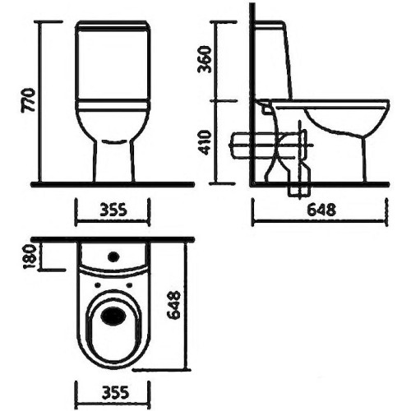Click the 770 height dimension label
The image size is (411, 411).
click(28, 100)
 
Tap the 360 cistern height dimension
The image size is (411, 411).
click(205, 59)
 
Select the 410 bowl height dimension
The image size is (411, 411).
click(205, 143)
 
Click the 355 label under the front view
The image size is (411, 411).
click(113, 210)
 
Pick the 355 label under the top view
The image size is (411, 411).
click(115, 393)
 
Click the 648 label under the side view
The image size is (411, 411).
click(321, 210)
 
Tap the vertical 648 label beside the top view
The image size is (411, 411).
click(173, 305)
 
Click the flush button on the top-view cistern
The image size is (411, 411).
click(113, 256)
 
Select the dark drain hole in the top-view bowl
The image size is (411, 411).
click(113, 316)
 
